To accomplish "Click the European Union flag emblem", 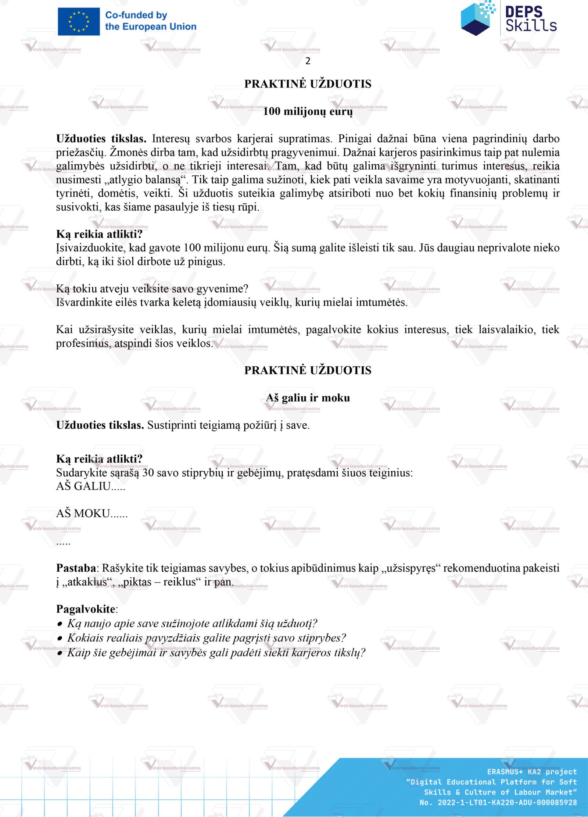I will [x=79, y=21].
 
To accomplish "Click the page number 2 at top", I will [x=308, y=61].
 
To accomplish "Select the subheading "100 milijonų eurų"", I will [x=308, y=111].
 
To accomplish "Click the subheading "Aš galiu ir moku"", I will [x=308, y=398].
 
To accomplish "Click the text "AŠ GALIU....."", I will [x=90, y=486].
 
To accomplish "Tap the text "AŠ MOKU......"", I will [x=92, y=513].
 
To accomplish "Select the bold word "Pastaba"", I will [x=76, y=568].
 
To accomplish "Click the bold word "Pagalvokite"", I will [x=86, y=609].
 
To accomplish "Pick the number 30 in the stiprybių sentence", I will [x=148, y=472].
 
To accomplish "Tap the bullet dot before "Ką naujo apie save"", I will [x=60, y=624].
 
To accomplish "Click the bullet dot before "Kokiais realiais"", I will [x=60, y=639].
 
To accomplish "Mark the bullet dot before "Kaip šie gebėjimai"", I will [x=60, y=653].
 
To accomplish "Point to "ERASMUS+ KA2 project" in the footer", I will [x=532, y=771].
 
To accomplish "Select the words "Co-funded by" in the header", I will [x=136, y=15].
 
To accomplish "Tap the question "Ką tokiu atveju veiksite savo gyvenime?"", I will [x=152, y=289].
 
